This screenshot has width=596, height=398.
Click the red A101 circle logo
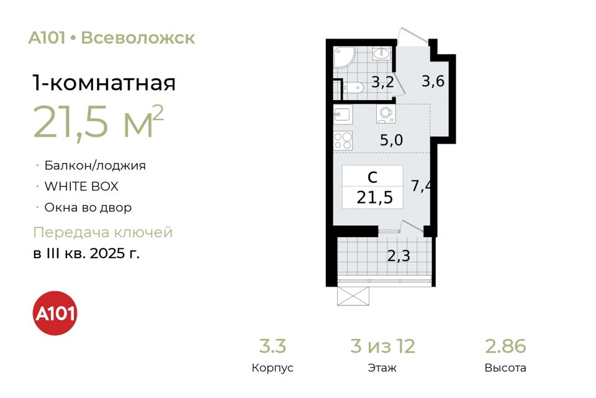[x=55, y=313]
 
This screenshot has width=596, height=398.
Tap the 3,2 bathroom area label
[x=382, y=82]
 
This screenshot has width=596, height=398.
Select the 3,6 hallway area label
[x=433, y=81]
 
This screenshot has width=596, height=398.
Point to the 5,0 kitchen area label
[x=392, y=140]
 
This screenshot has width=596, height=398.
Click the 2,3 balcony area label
[x=399, y=256]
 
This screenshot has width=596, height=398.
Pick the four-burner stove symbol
[x=343, y=141]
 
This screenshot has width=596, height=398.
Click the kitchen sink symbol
[x=343, y=114]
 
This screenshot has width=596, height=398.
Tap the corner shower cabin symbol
[x=345, y=57]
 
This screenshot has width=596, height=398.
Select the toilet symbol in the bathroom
[x=353, y=88]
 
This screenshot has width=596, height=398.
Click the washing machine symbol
[x=386, y=114]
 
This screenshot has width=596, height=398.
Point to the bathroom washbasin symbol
[x=381, y=53]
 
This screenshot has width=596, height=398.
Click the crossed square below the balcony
[x=353, y=296]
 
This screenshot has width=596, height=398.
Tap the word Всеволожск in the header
[x=138, y=38]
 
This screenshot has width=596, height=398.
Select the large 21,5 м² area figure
[x=99, y=121]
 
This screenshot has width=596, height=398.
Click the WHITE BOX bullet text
[x=81, y=186]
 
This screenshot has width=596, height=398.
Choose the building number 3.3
[x=273, y=346]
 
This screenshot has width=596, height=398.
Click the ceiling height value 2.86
[x=505, y=346]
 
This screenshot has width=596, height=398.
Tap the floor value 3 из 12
[x=383, y=346]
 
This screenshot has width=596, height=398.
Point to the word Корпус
[x=273, y=368]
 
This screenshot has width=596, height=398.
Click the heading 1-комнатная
[x=104, y=83]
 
